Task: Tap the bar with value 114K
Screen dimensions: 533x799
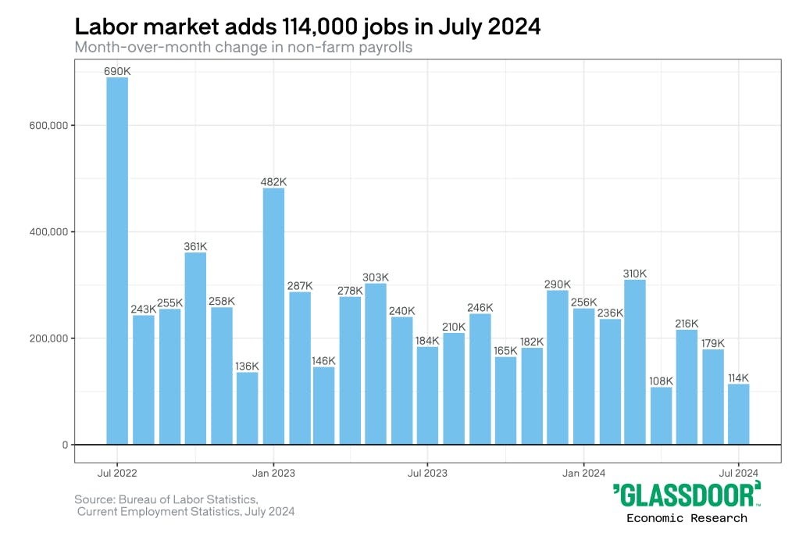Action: (x=738, y=413)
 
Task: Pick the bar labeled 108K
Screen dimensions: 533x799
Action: (x=661, y=415)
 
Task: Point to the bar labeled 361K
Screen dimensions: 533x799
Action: (x=195, y=348)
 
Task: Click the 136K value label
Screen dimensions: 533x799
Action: (x=247, y=366)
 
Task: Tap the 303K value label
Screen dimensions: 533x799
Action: (x=376, y=277)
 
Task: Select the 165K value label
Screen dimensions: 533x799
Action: (x=505, y=351)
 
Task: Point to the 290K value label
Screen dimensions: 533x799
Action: (x=558, y=284)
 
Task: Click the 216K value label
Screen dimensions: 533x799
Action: (x=687, y=324)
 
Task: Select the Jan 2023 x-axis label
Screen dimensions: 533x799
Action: (x=273, y=473)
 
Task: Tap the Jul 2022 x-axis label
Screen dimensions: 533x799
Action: (x=117, y=473)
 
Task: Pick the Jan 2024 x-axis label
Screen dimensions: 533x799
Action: (x=583, y=473)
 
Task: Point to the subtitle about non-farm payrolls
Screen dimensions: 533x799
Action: (x=243, y=47)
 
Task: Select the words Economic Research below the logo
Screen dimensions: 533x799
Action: (x=687, y=517)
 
